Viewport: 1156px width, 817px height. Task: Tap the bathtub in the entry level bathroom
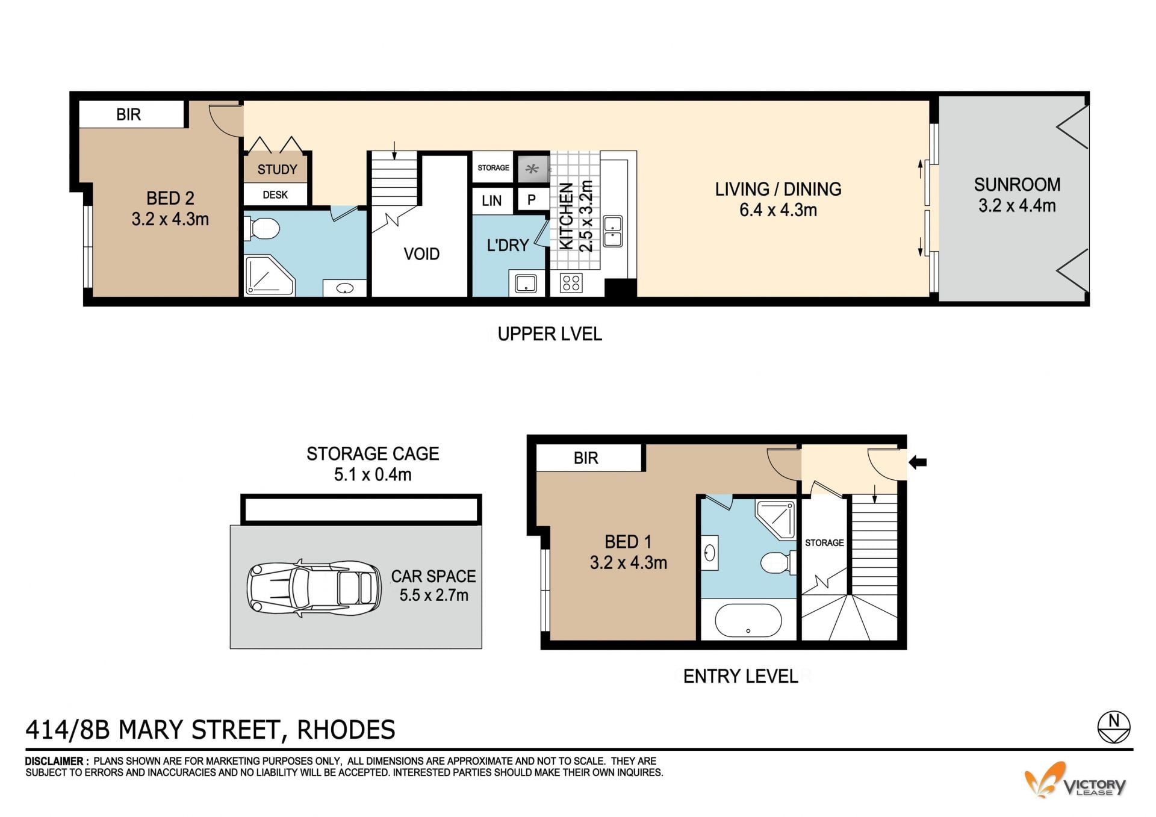click(748, 621)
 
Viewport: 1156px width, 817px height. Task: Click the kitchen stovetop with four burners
click(571, 282)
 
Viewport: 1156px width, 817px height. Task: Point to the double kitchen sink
click(613, 231)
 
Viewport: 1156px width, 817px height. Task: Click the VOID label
click(421, 254)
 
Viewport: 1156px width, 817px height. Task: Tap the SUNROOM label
click(1017, 184)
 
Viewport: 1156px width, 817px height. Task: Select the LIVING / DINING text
click(778, 189)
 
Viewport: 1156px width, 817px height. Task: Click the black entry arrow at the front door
click(917, 462)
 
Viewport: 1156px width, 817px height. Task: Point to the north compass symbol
click(1114, 727)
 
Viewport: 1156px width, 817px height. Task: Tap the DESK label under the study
click(275, 195)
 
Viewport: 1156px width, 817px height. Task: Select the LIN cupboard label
click(491, 200)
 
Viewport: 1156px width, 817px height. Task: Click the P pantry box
click(532, 200)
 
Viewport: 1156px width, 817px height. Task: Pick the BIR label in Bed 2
click(128, 114)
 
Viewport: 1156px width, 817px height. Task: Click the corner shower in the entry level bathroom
click(776, 518)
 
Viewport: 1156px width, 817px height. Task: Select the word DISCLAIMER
click(54, 762)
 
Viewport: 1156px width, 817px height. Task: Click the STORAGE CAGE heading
click(373, 453)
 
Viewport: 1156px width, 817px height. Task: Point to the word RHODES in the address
click(346, 730)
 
